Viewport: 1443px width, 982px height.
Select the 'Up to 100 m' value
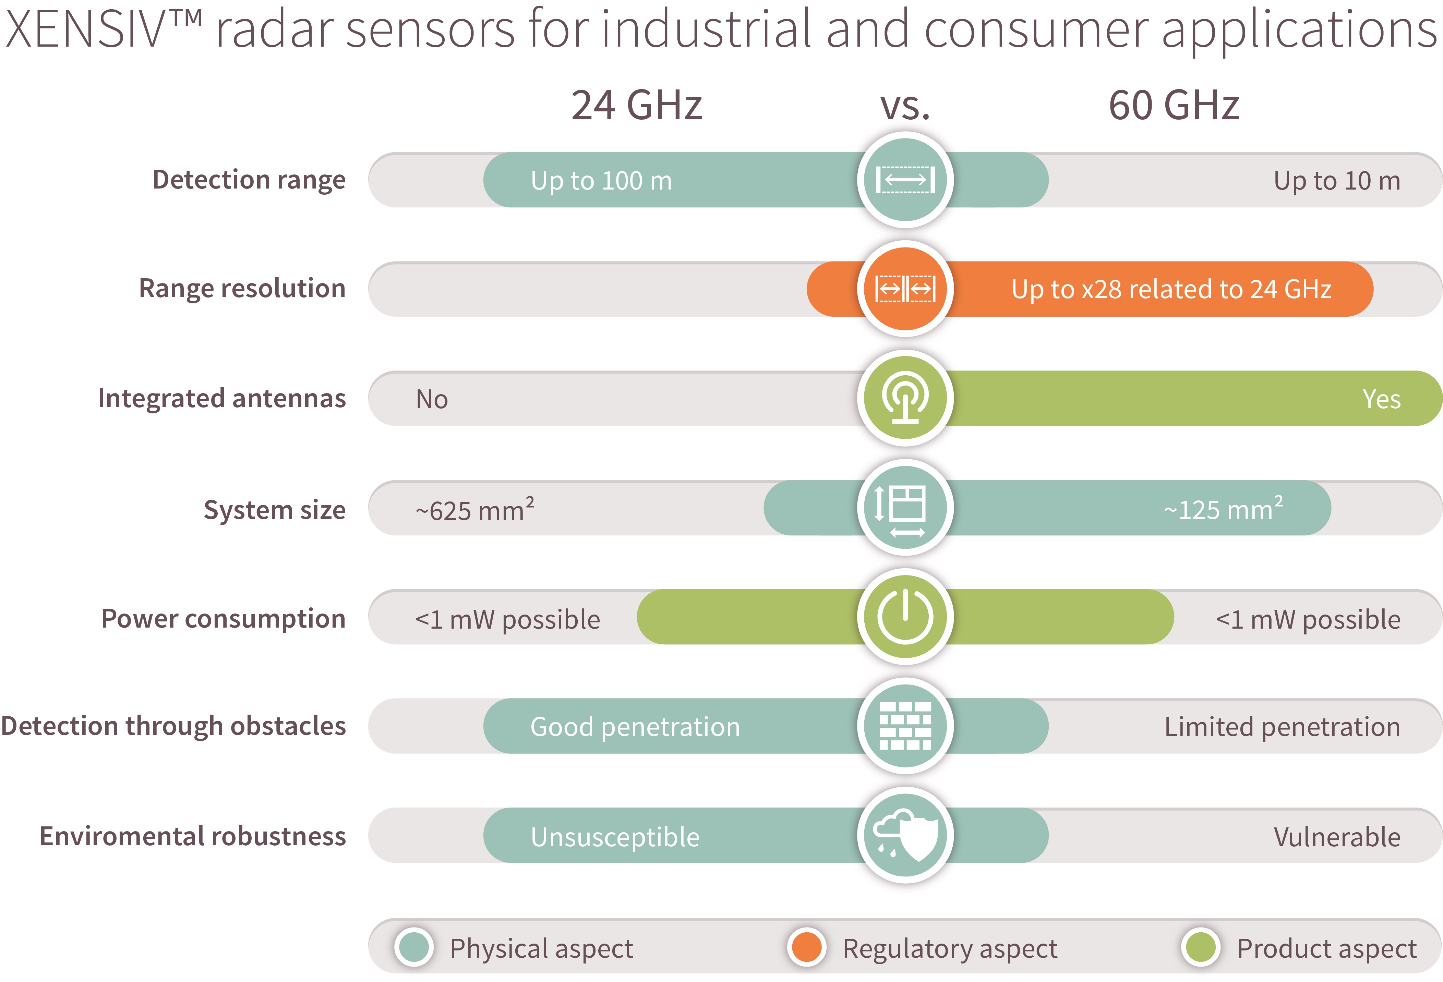601,181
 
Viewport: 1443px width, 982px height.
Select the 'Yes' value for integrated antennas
1381,399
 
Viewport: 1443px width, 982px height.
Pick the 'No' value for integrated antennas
432,399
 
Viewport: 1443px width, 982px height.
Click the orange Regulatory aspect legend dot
807,947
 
